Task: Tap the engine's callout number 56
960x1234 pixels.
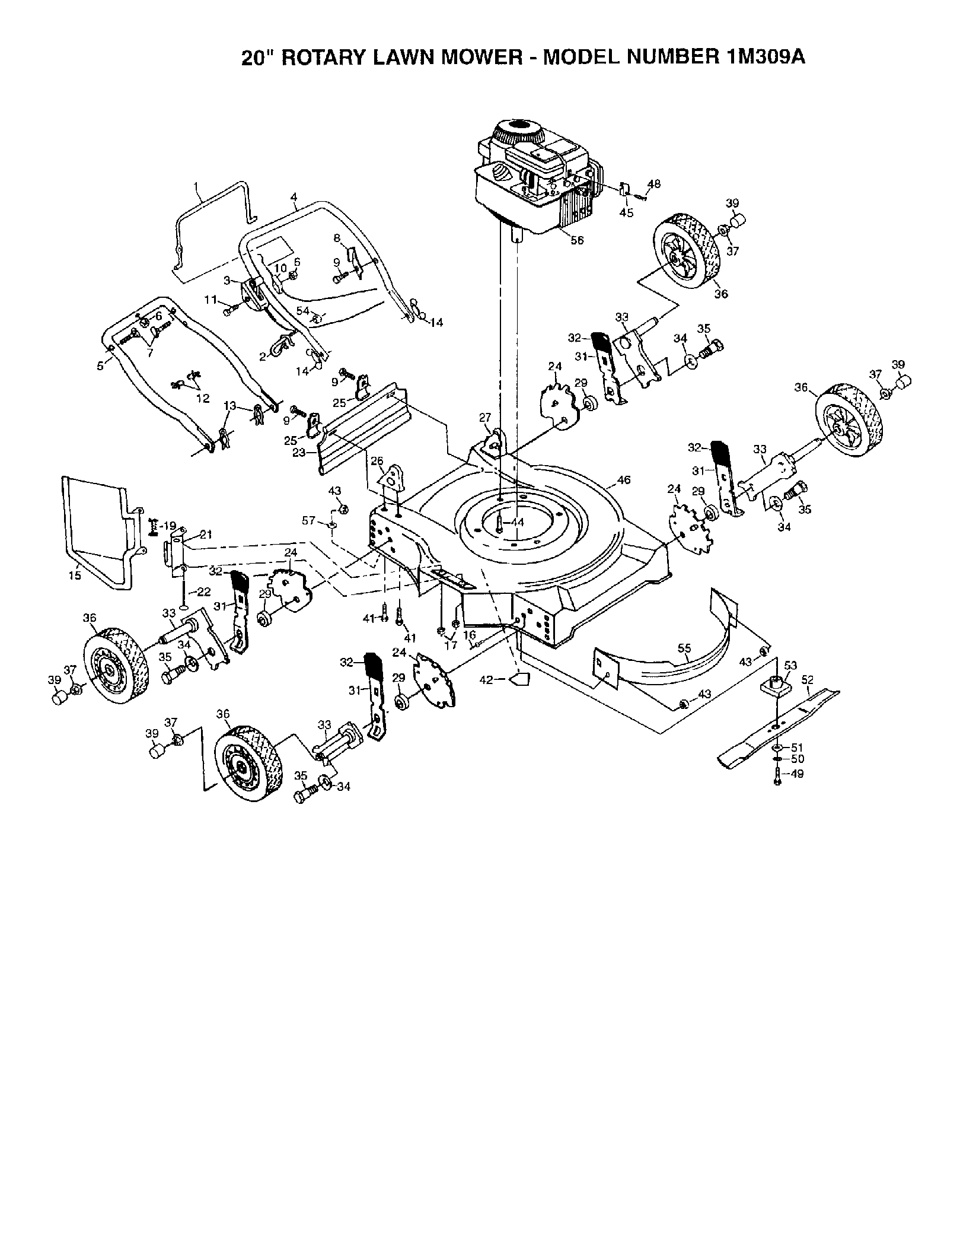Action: [x=576, y=240]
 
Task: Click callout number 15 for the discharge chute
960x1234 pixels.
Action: [x=75, y=575]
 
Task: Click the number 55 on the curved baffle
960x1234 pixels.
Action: [x=684, y=648]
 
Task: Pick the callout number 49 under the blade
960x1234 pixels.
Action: [x=798, y=774]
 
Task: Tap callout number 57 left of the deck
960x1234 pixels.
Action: [x=308, y=520]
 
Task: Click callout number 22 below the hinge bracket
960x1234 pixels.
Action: [x=203, y=591]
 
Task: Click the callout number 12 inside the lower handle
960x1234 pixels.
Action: [x=203, y=399]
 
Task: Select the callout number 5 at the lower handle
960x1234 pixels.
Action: [x=100, y=366]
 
